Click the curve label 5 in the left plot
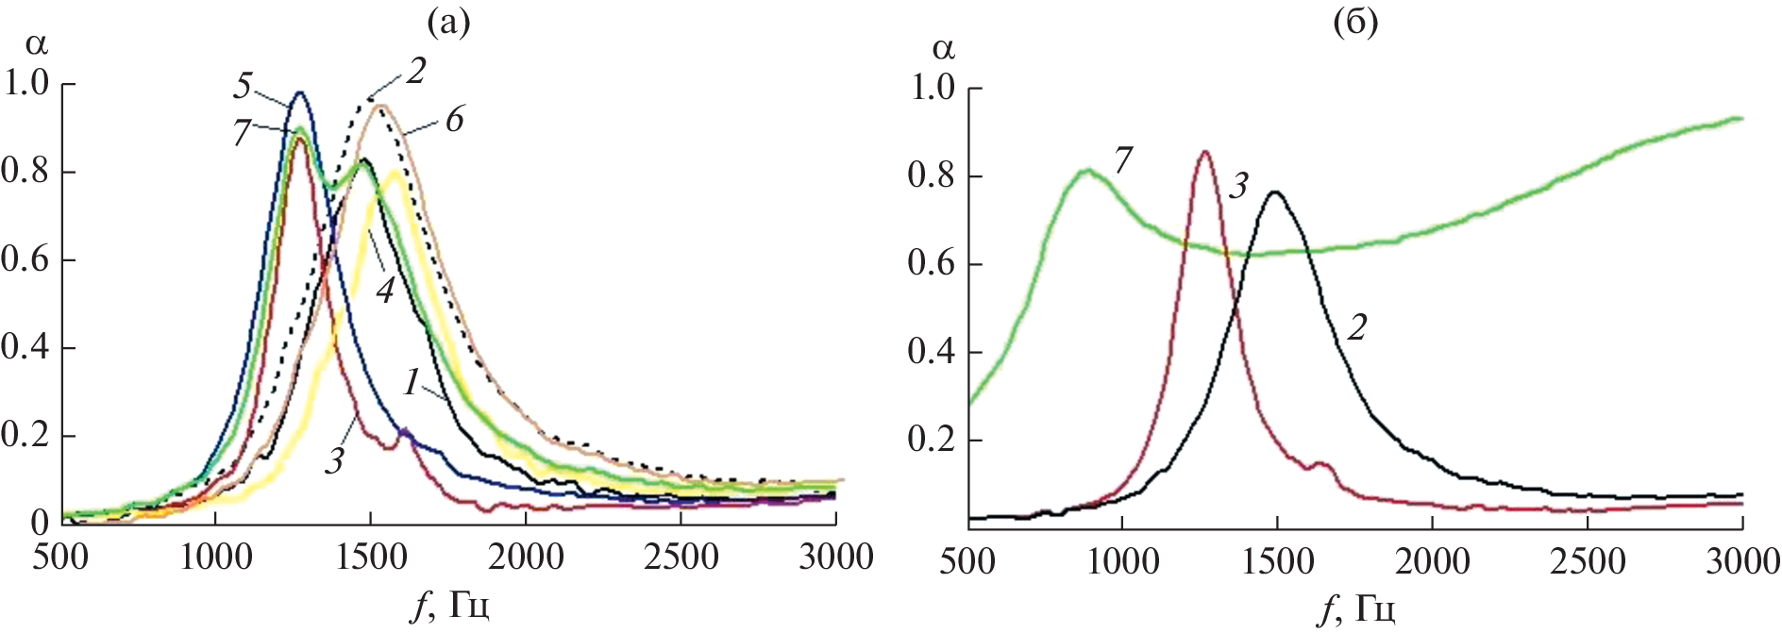tap(243, 86)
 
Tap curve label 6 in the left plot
tap(455, 120)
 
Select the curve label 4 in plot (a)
tap(384, 289)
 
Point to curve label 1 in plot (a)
tap(412, 381)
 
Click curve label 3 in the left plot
tap(335, 460)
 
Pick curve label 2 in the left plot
tap(416, 71)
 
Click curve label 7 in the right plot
tap(1121, 161)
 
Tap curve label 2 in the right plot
tap(1357, 327)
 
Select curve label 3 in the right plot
tap(1239, 186)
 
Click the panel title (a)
tap(448, 21)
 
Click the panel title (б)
tap(1355, 21)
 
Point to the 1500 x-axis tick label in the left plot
tap(370, 557)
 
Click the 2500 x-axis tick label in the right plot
tap(1588, 561)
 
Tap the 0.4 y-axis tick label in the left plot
tap(25, 347)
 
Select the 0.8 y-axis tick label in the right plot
tap(932, 175)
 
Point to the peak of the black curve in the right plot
tap(1275, 192)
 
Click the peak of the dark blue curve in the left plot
tap(300, 92)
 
